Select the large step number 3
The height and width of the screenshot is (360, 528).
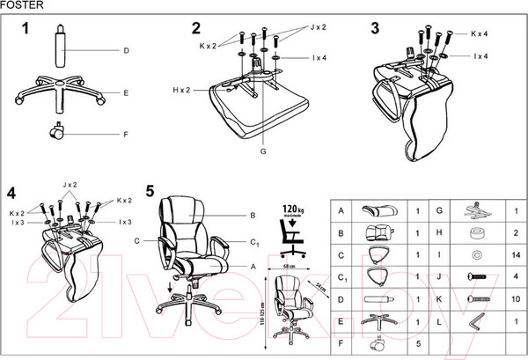click(x=375, y=28)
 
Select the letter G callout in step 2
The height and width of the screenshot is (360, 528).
click(x=262, y=152)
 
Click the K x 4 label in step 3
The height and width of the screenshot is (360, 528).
click(x=480, y=34)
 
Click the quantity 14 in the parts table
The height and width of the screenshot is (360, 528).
click(x=513, y=256)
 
